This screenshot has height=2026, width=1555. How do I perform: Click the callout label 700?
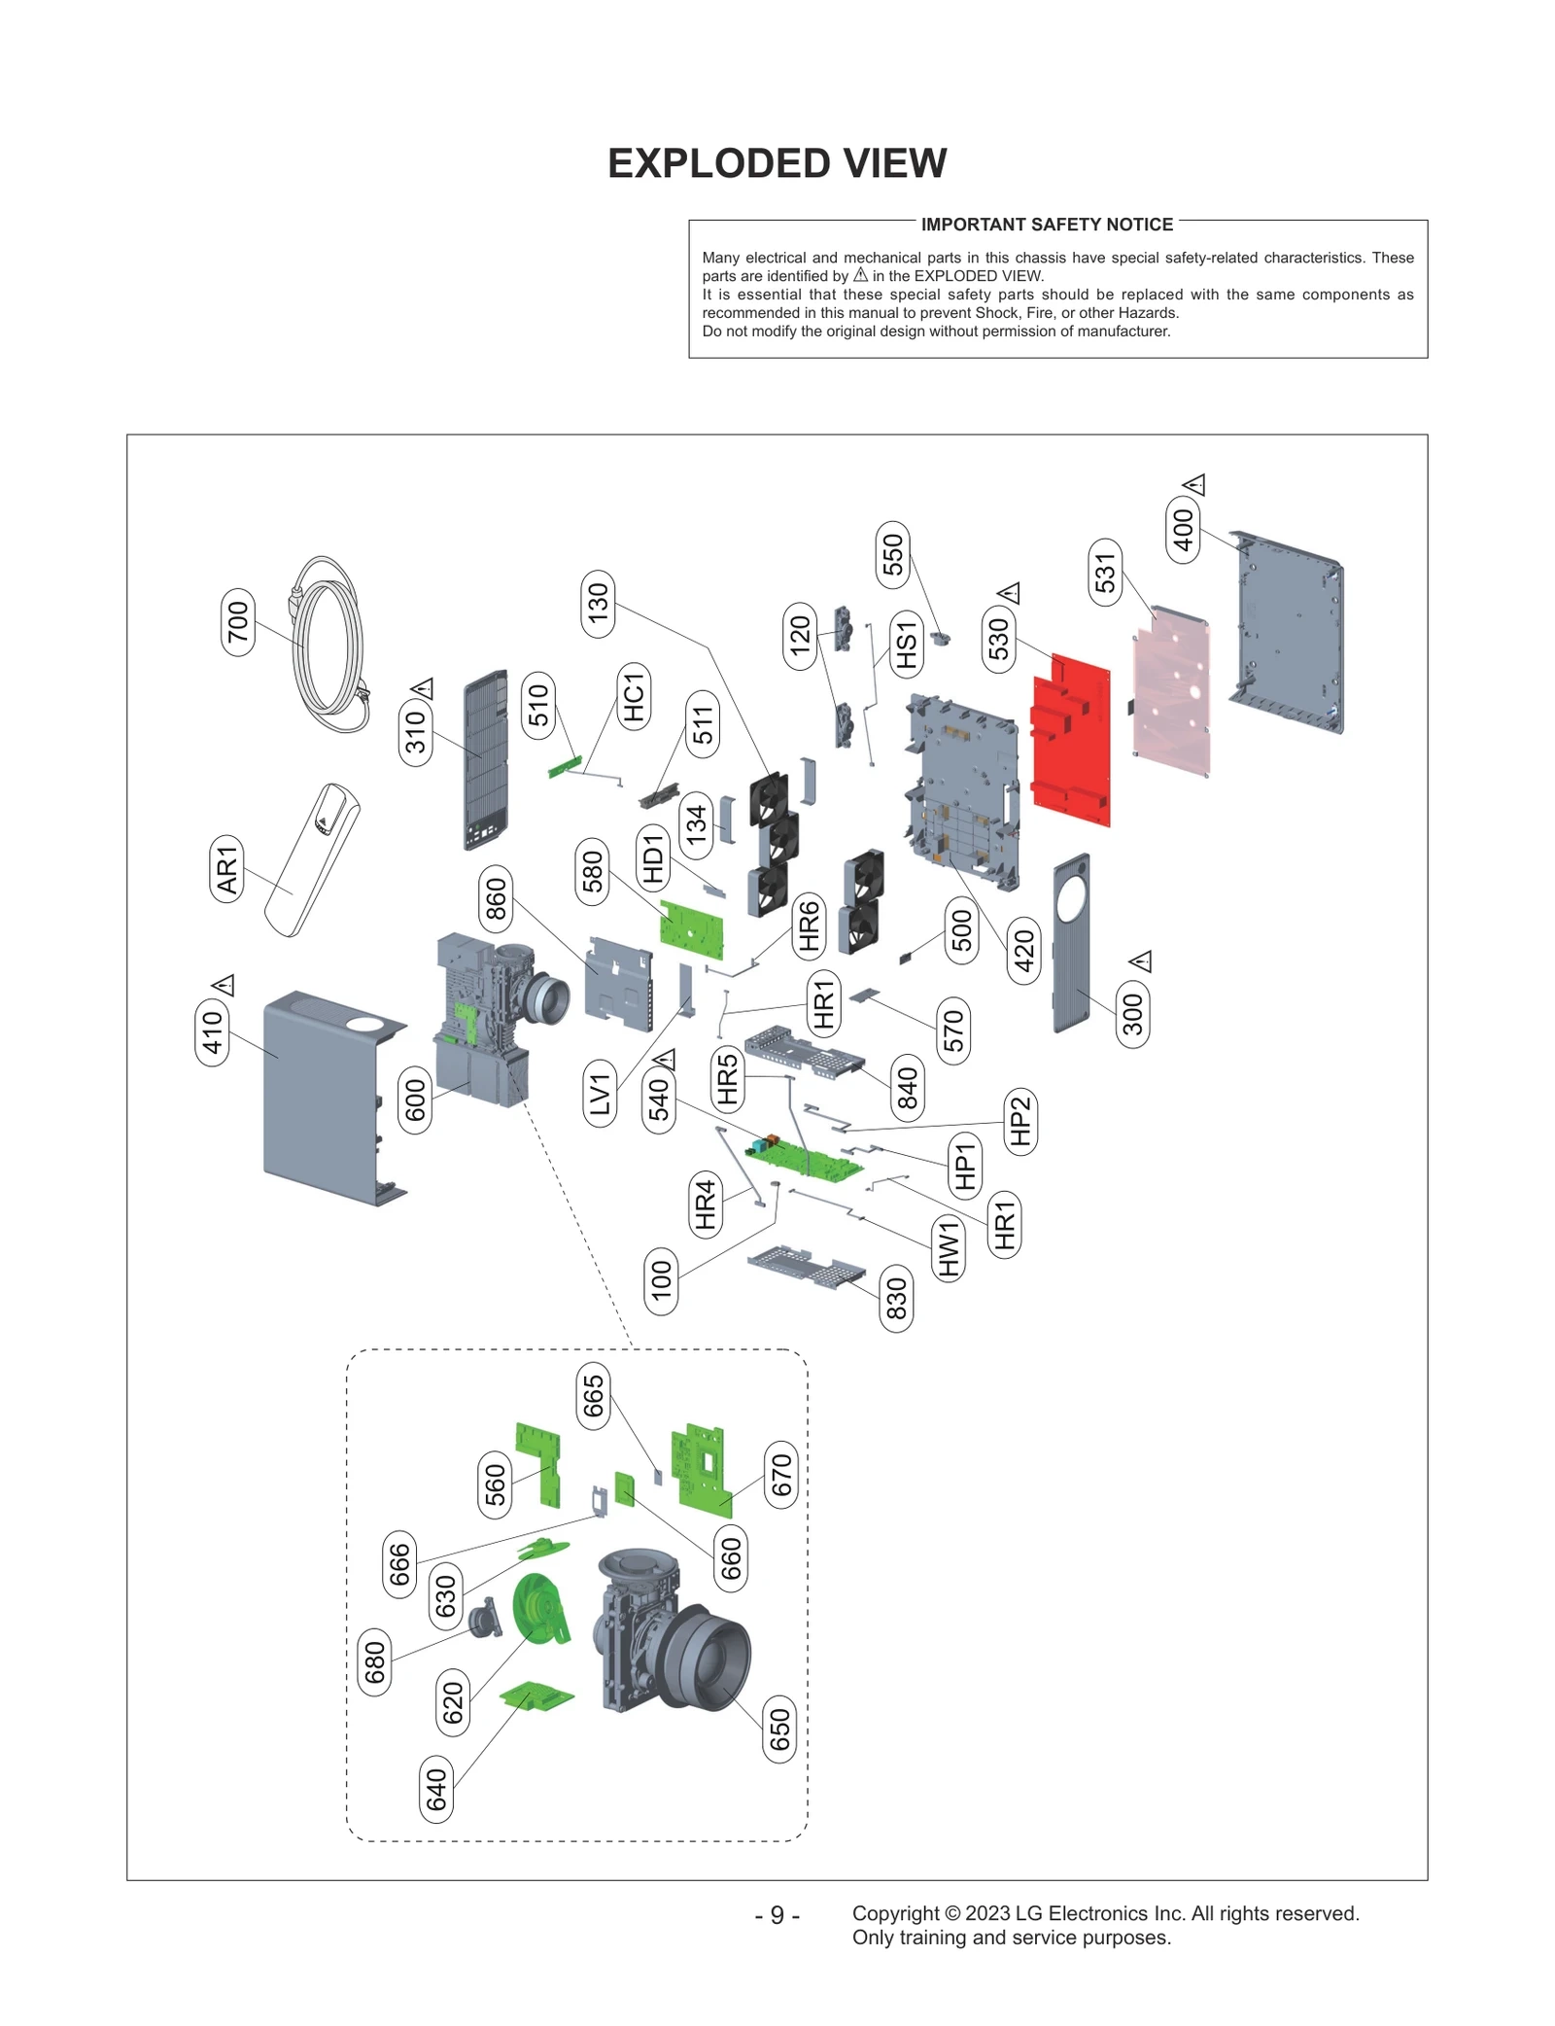pos(238,622)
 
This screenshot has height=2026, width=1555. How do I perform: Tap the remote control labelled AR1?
pos(311,861)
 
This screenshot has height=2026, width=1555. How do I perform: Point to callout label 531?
pos(1105,573)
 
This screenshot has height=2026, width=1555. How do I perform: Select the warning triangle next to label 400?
pos(1194,484)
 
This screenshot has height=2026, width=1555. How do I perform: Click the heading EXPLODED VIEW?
pos(777,163)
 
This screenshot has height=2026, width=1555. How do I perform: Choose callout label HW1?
pos(949,1248)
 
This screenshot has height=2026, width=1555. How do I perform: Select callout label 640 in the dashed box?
pos(436,1789)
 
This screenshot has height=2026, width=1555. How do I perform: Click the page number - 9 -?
pos(777,1914)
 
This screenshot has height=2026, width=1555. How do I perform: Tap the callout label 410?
pos(212,1031)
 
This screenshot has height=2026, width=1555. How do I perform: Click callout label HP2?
pos(1019,1121)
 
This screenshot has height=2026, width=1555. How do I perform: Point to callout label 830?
pos(896,1299)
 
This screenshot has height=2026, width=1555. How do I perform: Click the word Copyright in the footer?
pos(894,1913)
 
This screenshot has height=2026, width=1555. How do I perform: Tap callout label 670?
pos(780,1475)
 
